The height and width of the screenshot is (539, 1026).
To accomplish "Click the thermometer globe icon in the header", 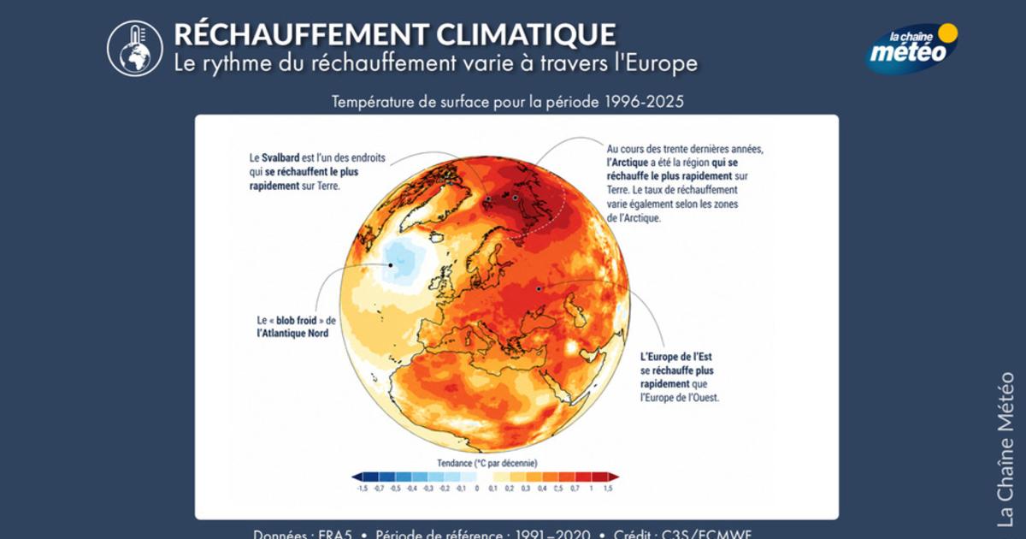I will (134, 48).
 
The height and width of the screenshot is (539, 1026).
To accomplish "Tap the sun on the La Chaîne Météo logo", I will (946, 34).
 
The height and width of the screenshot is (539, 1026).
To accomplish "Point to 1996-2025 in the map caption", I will (645, 102).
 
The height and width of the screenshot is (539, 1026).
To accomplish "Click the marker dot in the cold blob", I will (391, 264).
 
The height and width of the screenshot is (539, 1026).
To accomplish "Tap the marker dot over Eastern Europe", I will (539, 289).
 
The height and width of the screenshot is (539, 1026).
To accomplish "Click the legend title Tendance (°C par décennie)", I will (487, 463).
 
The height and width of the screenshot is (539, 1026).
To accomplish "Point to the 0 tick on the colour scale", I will (476, 489).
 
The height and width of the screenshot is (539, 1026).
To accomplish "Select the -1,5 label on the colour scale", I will (362, 489).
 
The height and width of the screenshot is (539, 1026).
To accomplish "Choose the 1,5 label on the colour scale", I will (607, 489).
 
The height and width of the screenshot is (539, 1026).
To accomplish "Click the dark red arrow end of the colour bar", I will (613, 477).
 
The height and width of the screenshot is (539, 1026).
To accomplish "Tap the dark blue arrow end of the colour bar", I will (357, 477).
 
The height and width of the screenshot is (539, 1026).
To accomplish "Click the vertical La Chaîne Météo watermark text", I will (1006, 448).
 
